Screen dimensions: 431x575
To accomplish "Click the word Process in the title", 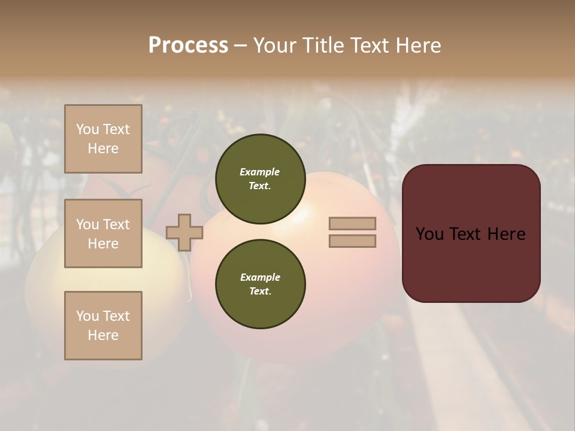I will point(188,45).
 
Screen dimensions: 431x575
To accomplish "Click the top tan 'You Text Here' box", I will point(103,139).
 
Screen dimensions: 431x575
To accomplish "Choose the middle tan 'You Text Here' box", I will point(103,233).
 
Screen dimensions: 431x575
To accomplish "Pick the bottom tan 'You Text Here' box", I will point(103,326).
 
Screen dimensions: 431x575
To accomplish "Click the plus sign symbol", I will point(184,232).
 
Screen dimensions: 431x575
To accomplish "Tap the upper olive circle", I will point(260,178).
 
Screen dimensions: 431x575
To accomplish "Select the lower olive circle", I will point(260,284).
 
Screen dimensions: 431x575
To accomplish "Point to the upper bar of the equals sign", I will point(352,223).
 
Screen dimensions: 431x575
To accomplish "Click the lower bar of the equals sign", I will point(352,241).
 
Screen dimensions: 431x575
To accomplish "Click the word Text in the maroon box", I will point(471,234).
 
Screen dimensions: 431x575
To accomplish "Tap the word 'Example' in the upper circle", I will point(260,172).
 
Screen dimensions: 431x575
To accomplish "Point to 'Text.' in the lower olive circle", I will point(260,291).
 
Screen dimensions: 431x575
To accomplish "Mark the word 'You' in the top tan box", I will point(87,129).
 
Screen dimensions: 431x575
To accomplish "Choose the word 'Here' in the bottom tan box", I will point(103,335).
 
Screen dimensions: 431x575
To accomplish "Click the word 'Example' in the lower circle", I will point(260,277).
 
